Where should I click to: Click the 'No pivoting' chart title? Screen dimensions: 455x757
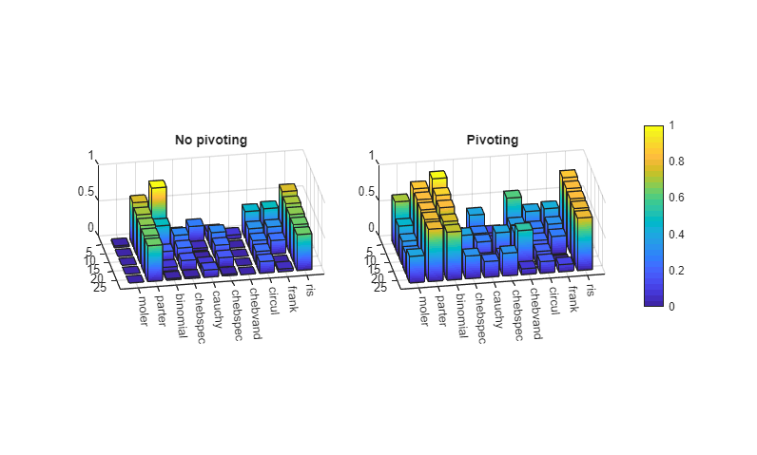point(210,140)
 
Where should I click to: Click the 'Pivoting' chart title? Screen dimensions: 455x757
point(492,140)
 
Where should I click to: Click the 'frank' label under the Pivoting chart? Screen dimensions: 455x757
point(574,295)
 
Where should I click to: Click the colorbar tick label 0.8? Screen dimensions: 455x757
point(675,161)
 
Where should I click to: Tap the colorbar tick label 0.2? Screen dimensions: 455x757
point(675,271)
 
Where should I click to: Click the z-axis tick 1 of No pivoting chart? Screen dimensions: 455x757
point(91,156)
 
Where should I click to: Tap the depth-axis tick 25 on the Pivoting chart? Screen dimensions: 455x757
point(380,288)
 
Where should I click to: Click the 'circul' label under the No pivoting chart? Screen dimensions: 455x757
point(273,299)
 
